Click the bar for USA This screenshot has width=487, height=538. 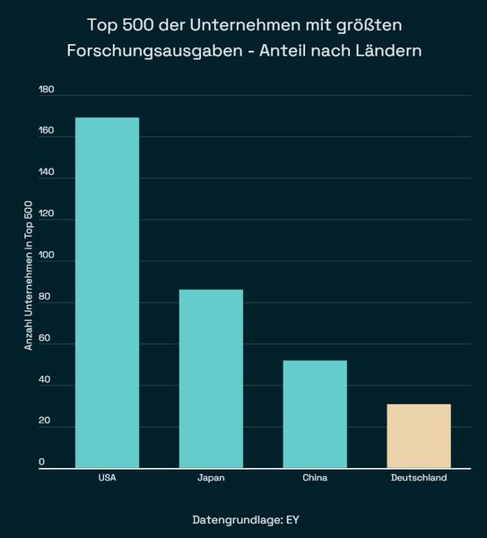107,292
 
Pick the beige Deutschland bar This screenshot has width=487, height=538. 419,436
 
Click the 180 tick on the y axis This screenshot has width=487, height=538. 47,91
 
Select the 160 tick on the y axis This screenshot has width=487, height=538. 47,132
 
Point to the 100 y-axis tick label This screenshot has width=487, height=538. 47,256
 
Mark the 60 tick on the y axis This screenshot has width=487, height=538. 45,340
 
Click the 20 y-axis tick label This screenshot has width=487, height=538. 45,422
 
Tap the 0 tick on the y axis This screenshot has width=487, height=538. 42,463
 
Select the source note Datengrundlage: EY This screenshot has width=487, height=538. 243,520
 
